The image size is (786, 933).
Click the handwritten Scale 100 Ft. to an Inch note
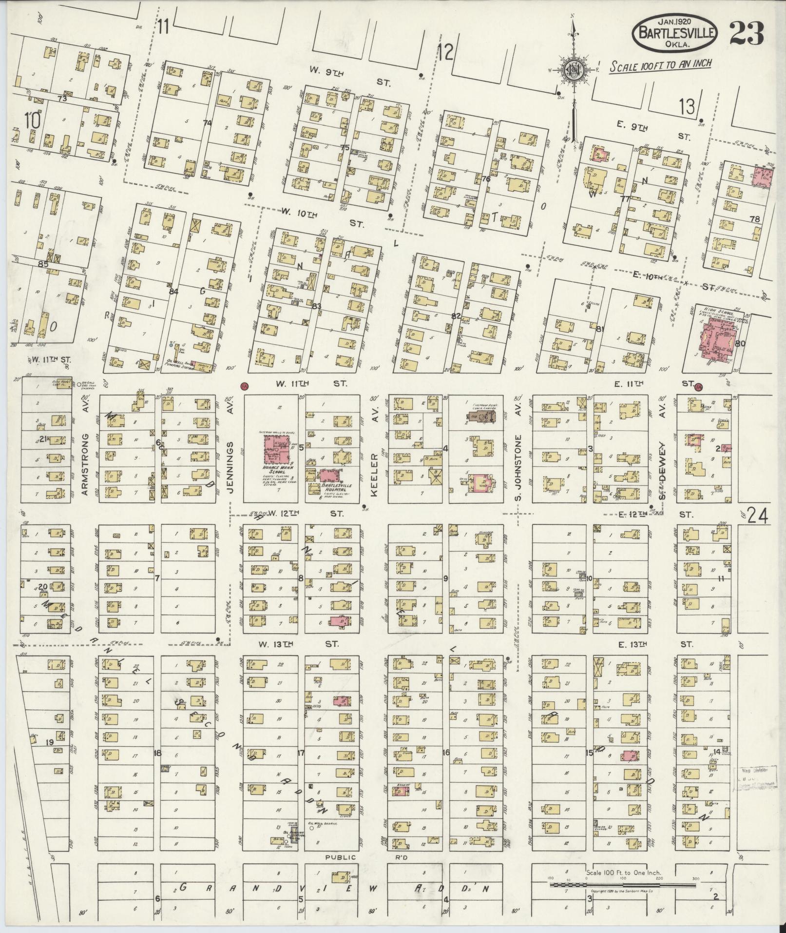[x=660, y=65]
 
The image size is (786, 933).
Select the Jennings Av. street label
[x=231, y=447]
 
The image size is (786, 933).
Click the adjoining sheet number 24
[x=758, y=515]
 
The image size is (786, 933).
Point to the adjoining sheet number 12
[x=445, y=51]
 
